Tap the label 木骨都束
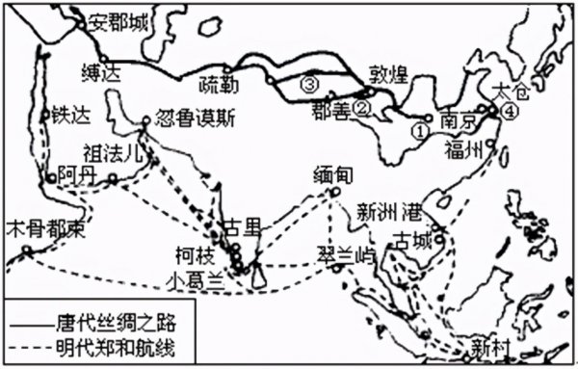[45, 231]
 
